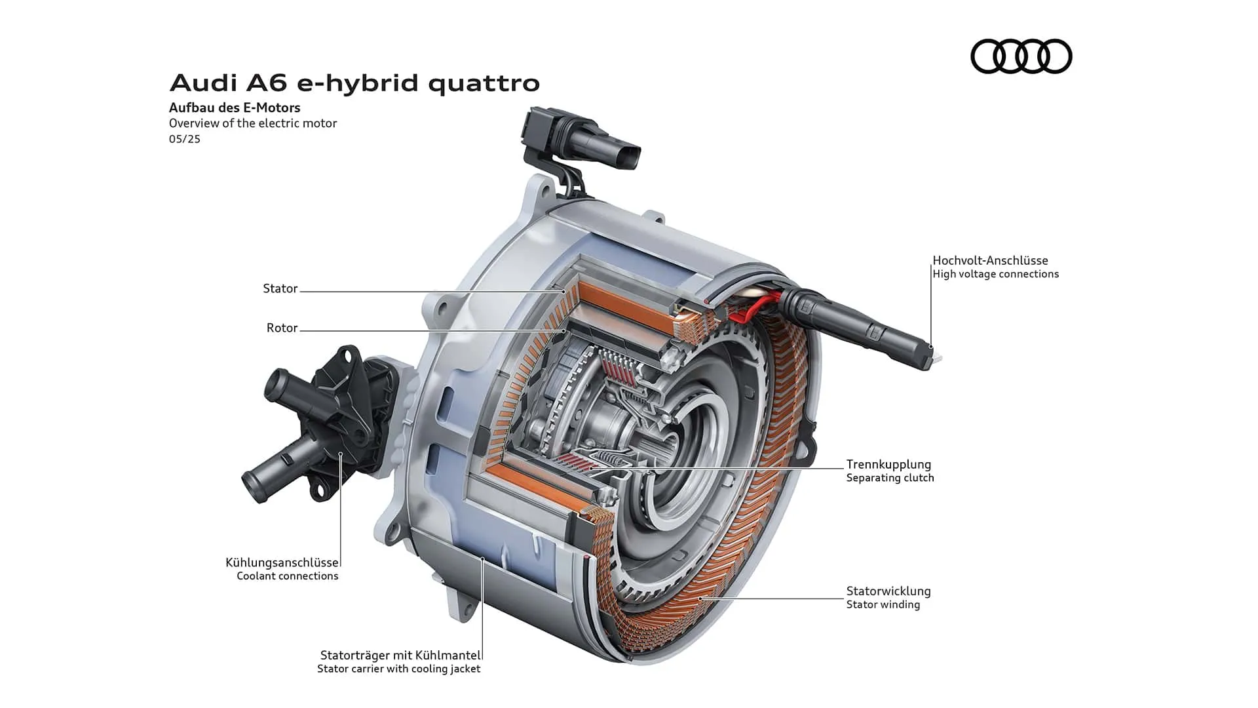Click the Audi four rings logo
[x=1021, y=56]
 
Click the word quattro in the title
[x=484, y=83]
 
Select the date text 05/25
[x=185, y=139]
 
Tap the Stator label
[x=280, y=288]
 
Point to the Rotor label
[x=282, y=328]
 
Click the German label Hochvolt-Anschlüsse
[x=991, y=260]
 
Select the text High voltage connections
[x=996, y=274]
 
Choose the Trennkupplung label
[x=888, y=465]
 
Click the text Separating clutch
[x=890, y=478]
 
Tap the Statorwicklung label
[x=888, y=591]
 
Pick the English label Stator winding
[x=883, y=604]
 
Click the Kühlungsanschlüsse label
[x=282, y=562]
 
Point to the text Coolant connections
[x=288, y=576]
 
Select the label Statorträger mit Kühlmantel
[x=400, y=655]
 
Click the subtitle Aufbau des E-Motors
[x=235, y=108]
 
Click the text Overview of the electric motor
[x=253, y=123]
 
